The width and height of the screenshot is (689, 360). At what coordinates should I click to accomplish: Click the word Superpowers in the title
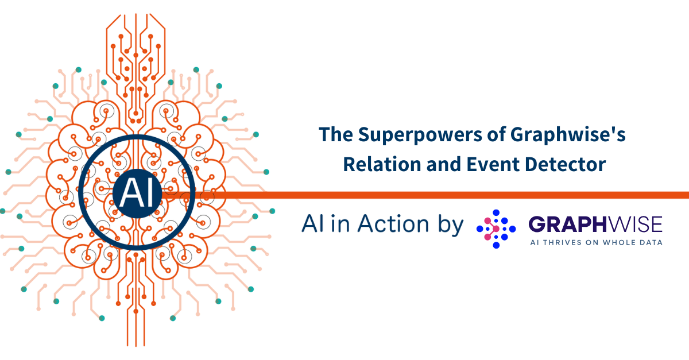pyautogui.click(x=420, y=136)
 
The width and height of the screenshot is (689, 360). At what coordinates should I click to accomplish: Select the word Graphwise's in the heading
pyautogui.click(x=568, y=136)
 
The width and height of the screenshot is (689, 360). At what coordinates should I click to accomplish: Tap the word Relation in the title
pyautogui.click(x=382, y=164)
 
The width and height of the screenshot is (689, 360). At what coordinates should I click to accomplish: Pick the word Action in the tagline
pyautogui.click(x=393, y=223)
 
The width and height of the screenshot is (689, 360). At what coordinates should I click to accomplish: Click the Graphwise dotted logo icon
pyautogui.click(x=496, y=229)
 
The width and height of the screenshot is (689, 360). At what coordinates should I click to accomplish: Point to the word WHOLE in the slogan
pyautogui.click(x=618, y=242)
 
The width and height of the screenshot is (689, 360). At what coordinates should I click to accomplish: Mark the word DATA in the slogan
pyautogui.click(x=649, y=242)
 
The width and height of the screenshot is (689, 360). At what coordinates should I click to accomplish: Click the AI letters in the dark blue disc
pyautogui.click(x=137, y=193)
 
